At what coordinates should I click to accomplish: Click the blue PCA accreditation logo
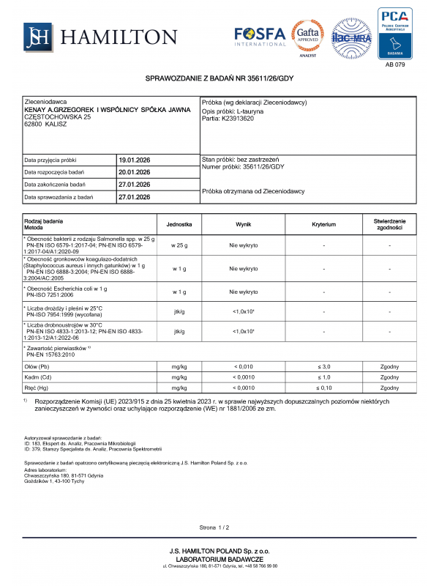[x=394, y=33]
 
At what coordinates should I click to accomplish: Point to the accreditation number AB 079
[x=394, y=64]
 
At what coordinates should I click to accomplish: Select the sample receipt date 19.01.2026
[x=134, y=160]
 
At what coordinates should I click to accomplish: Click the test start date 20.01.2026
[x=134, y=172]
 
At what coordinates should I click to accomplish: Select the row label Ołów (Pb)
[x=38, y=366]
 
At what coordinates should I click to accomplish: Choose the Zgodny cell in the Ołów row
[x=389, y=366]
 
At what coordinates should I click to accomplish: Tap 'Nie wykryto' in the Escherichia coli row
[x=244, y=291]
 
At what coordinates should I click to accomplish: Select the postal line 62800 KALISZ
[x=47, y=125]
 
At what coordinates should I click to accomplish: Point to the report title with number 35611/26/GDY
[x=219, y=78]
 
